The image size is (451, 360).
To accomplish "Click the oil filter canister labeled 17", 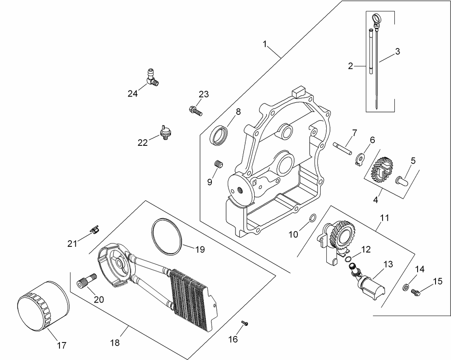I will tap(42, 305).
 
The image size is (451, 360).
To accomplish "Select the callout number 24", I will tap(132, 94).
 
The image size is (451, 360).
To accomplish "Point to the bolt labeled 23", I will tap(196, 110).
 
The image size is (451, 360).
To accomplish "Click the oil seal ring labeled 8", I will tap(219, 135).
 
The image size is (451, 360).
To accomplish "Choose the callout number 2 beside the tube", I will tap(350, 66).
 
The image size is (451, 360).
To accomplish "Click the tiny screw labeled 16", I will tap(244, 323).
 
